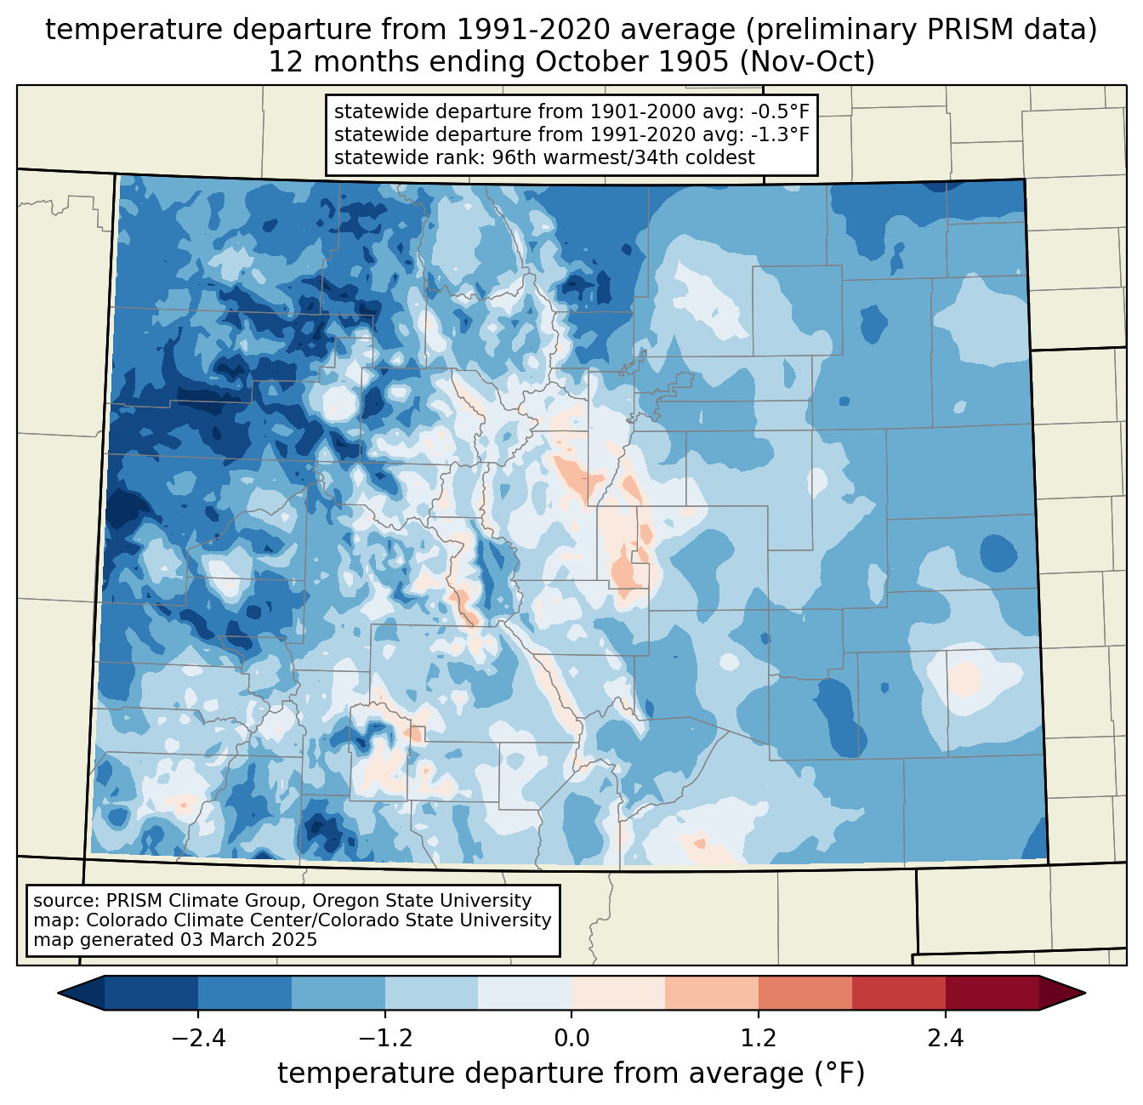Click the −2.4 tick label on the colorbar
pyautogui.click(x=198, y=1039)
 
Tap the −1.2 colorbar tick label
pyautogui.click(x=385, y=1039)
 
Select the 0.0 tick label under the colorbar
pyautogui.click(x=571, y=1039)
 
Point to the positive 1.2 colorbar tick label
pyautogui.click(x=759, y=1039)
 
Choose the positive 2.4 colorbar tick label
pyautogui.click(x=946, y=1039)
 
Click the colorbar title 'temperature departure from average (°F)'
pyautogui.click(x=571, y=1074)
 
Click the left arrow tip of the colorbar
pyautogui.click(x=58, y=994)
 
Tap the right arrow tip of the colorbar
pyautogui.click(x=1085, y=994)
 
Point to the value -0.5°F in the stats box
pyautogui.click(x=780, y=111)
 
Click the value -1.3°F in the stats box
pyautogui.click(x=780, y=134)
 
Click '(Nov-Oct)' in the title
pyautogui.click(x=807, y=62)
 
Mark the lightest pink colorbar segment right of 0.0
pyautogui.click(x=618, y=994)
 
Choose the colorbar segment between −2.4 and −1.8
pyautogui.click(x=245, y=994)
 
